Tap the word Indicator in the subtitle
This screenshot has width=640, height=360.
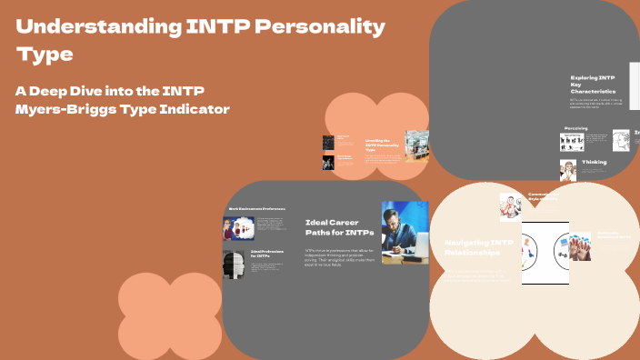217,110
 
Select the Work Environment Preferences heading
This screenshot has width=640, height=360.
264,207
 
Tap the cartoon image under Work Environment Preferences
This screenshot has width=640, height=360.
234,228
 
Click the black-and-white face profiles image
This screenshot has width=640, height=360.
234,263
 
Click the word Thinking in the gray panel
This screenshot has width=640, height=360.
594,162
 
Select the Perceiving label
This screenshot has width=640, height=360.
575,128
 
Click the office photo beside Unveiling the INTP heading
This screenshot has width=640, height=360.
417,146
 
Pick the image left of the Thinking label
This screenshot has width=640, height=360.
568,170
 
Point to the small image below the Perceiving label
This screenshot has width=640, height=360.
572,142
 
